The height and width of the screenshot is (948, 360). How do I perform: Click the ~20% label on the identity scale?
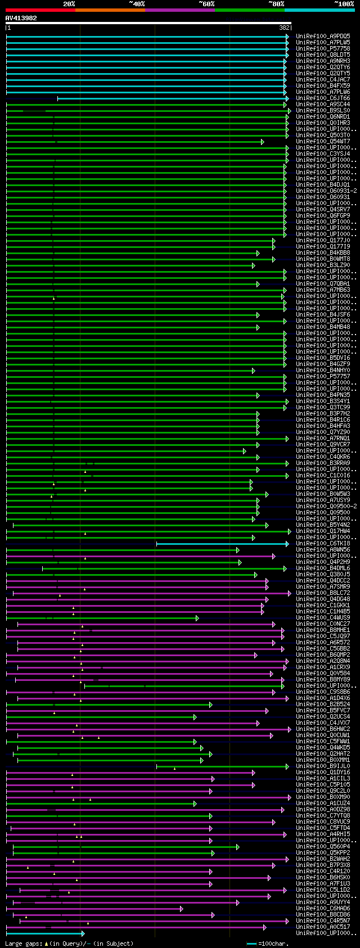click(69, 3)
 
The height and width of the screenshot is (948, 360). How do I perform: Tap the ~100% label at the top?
click(344, 3)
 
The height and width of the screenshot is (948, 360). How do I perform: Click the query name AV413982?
click(21, 18)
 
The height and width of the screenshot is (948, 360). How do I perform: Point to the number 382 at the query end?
click(284, 27)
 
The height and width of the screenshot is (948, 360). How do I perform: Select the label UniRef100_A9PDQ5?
click(323, 36)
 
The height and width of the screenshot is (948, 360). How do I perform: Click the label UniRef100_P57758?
click(323, 48)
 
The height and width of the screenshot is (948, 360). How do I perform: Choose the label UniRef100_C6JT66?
click(323, 98)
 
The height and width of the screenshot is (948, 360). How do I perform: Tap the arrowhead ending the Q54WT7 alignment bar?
click(262, 142)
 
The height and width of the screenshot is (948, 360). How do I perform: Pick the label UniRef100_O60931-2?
click(326, 191)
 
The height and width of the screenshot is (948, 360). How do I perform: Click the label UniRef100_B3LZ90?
click(323, 265)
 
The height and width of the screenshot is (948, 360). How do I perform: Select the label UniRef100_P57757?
click(323, 376)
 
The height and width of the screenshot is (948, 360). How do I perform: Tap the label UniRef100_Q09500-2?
click(326, 506)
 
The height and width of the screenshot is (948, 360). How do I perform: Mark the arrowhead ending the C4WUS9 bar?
click(197, 618)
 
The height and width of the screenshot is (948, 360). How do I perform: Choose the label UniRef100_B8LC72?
click(323, 593)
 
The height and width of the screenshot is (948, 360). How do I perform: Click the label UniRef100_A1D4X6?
click(323, 698)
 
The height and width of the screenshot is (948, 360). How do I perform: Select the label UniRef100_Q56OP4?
click(323, 846)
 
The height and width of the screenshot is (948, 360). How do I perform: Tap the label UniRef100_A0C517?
click(323, 927)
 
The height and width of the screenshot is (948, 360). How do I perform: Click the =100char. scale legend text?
click(272, 944)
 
